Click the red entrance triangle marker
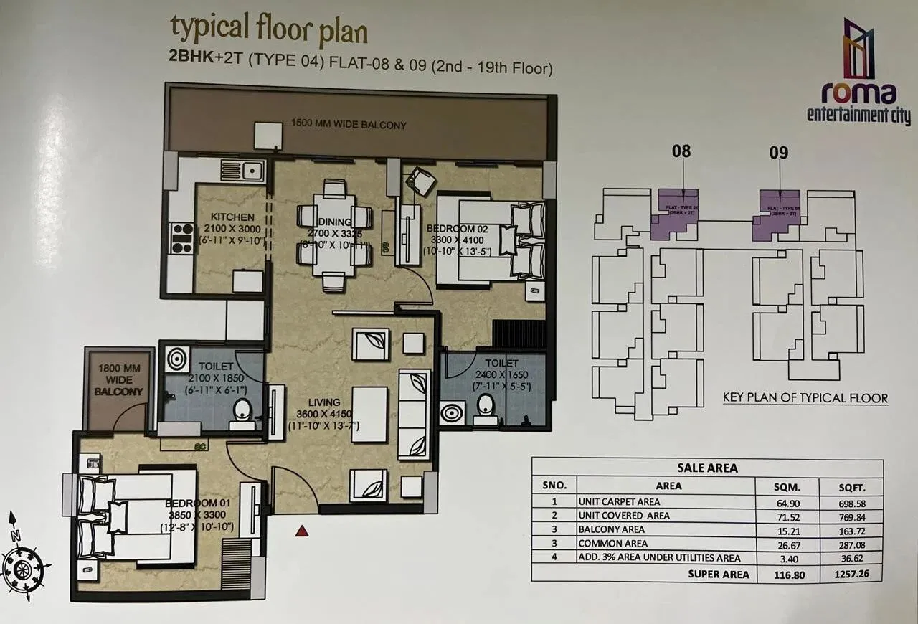pyautogui.click(x=303, y=531)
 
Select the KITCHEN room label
pyautogui.click(x=232, y=217)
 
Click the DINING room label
pyautogui.click(x=334, y=222)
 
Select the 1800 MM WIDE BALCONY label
pyautogui.click(x=119, y=379)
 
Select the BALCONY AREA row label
pyautogui.click(x=612, y=530)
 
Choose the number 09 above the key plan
pyautogui.click(x=778, y=152)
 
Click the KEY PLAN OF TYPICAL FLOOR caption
pyautogui.click(x=805, y=398)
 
